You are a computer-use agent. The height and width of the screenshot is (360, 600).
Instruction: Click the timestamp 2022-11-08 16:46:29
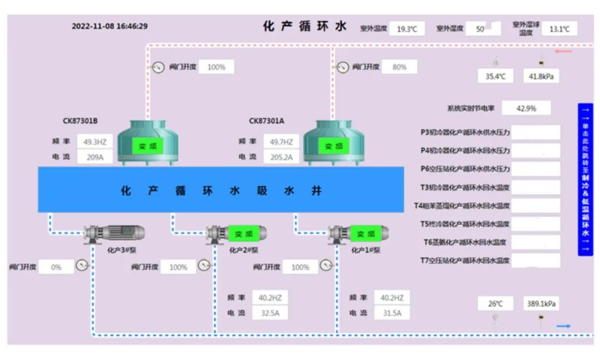click(x=109, y=26)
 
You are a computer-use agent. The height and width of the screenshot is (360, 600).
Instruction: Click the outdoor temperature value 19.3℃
click(x=407, y=29)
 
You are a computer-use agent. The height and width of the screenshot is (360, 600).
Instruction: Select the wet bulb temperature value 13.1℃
click(x=559, y=29)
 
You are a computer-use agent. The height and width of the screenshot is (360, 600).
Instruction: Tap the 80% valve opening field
click(x=399, y=67)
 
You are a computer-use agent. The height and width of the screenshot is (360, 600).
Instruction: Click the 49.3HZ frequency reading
click(x=95, y=142)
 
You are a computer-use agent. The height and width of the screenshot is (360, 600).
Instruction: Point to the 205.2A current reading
click(x=281, y=157)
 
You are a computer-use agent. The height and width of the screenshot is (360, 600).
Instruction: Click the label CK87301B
click(x=80, y=121)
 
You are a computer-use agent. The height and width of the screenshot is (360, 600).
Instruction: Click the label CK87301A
click(x=267, y=121)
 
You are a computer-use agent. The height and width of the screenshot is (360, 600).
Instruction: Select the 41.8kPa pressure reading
click(x=541, y=77)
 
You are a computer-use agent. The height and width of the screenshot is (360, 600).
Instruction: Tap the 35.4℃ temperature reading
click(x=496, y=77)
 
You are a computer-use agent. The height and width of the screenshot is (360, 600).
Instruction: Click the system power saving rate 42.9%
click(x=526, y=109)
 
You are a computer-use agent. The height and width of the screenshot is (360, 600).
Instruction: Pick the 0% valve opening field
click(x=56, y=267)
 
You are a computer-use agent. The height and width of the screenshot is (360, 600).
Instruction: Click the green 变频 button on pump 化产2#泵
click(x=243, y=234)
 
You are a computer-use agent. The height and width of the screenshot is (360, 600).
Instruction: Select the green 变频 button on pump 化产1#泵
click(x=365, y=234)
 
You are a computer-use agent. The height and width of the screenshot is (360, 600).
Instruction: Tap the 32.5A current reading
click(x=270, y=313)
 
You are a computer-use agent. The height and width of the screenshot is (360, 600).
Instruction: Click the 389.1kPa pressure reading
click(x=541, y=304)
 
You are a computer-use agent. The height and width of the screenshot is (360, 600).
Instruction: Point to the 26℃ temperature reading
click(x=496, y=304)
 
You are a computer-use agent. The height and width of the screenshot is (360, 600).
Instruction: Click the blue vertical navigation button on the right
click(x=585, y=179)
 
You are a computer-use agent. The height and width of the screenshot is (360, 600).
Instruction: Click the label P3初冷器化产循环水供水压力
click(x=465, y=133)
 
